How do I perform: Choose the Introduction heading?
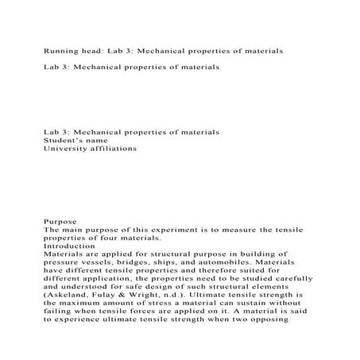click(x=73, y=246)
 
